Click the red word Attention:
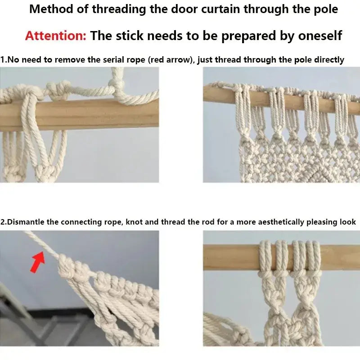(55, 36)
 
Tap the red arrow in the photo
(38, 262)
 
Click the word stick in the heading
(130, 36)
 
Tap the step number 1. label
(4, 60)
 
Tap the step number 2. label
(4, 222)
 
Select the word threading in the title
(119, 9)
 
